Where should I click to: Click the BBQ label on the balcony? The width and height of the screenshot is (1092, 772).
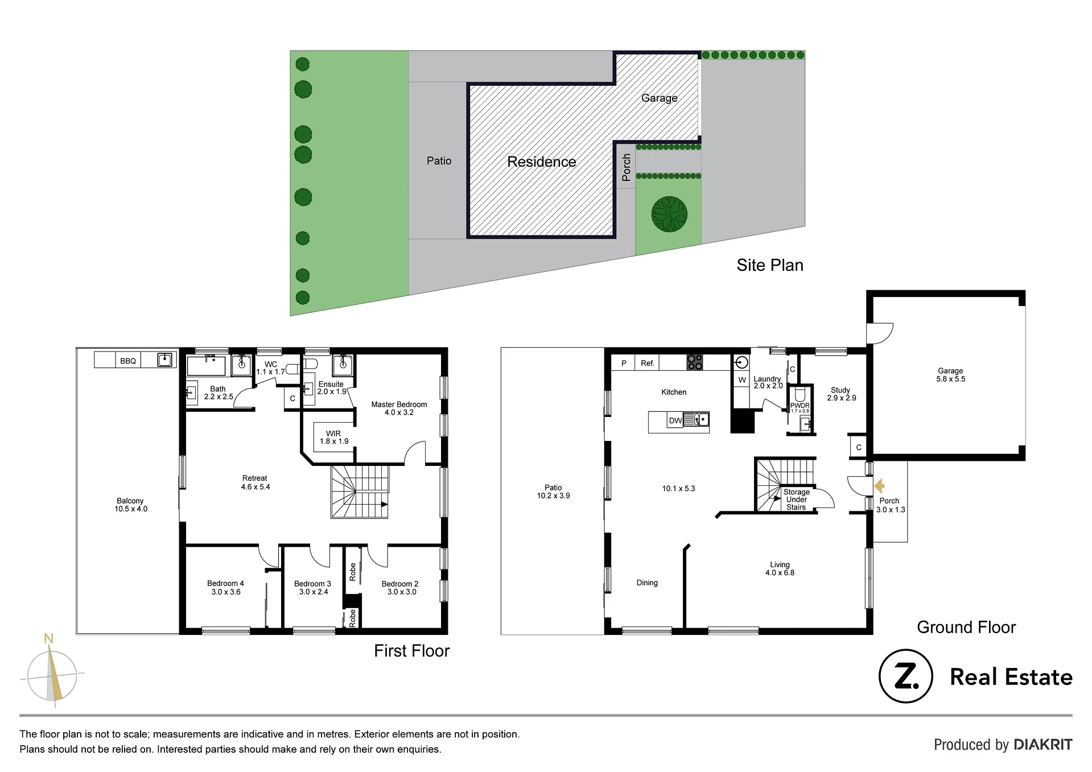(128, 361)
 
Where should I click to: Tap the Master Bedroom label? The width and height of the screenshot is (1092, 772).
(399, 408)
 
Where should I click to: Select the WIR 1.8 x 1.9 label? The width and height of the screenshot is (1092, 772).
(334, 437)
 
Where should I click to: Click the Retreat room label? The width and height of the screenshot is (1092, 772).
(255, 482)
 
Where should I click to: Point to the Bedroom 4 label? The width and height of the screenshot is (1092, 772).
(225, 588)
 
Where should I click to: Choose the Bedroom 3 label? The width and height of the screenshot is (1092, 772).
(312, 588)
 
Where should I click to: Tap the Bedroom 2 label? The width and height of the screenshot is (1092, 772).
(400, 588)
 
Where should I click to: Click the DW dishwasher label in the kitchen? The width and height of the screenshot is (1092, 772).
(675, 421)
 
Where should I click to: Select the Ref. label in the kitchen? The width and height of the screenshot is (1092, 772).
(648, 363)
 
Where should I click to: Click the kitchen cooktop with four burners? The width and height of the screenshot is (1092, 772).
(695, 362)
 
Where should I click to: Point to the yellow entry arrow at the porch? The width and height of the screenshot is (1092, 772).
(880, 485)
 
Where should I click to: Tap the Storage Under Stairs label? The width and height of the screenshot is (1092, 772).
(796, 499)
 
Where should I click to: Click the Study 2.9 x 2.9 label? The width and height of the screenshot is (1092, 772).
(841, 394)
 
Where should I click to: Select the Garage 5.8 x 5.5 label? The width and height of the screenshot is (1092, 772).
(950, 374)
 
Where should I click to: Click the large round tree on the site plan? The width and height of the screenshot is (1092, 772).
(669, 214)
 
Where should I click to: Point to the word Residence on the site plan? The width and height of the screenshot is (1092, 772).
(542, 162)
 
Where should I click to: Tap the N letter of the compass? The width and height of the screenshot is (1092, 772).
(49, 638)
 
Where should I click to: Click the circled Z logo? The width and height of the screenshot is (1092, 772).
(906, 676)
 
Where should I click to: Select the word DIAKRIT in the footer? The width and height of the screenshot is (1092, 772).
(1043, 745)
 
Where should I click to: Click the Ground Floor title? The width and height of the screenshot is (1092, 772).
(966, 627)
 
